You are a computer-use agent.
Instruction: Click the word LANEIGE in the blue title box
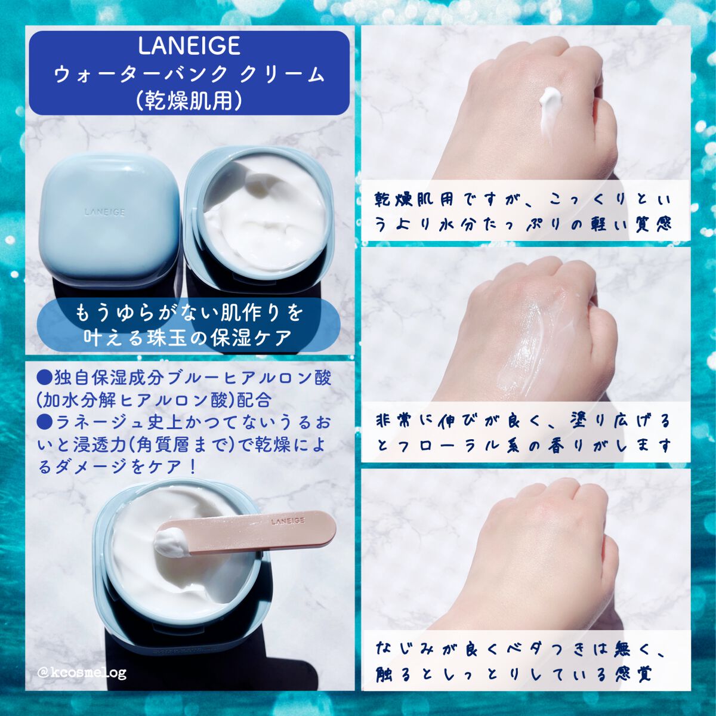tap(189, 46)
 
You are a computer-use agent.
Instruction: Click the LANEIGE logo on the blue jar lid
tap(105, 211)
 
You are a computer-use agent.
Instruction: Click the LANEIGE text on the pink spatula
tap(288, 521)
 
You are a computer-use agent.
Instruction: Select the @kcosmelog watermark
tap(82, 673)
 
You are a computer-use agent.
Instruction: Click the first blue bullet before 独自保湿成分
tap(45, 377)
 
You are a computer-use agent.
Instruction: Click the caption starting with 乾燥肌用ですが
tap(523, 211)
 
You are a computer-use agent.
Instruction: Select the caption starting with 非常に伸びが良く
tap(523, 433)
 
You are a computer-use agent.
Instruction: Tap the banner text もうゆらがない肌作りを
tap(189, 313)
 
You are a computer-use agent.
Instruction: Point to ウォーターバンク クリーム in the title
tap(189, 74)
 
